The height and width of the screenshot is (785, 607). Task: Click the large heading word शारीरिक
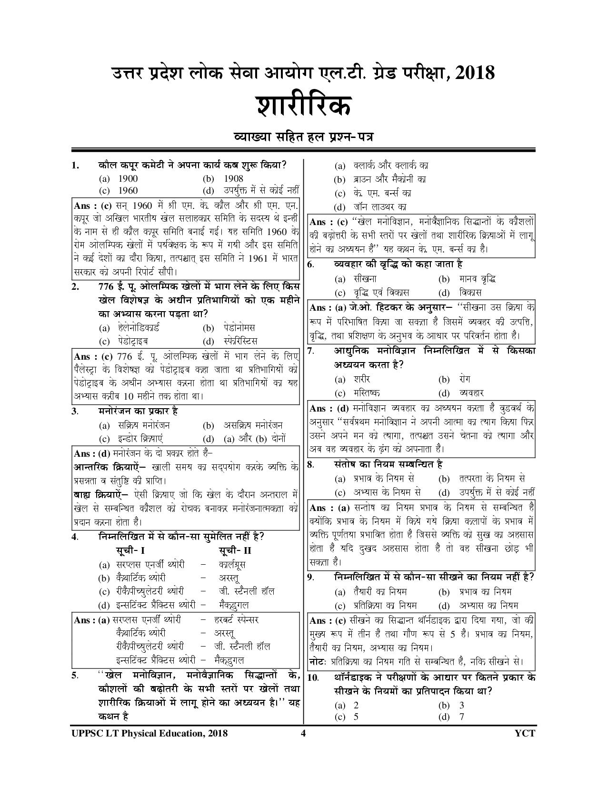(x=304, y=106)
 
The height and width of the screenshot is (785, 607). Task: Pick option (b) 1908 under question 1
(x=233, y=179)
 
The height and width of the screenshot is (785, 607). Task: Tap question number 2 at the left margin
(x=75, y=286)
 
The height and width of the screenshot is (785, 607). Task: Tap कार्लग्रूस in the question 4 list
(x=232, y=565)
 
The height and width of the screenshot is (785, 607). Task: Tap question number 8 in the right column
(x=310, y=465)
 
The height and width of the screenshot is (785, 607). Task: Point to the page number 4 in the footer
(x=303, y=733)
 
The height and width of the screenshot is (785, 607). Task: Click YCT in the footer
(x=525, y=733)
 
